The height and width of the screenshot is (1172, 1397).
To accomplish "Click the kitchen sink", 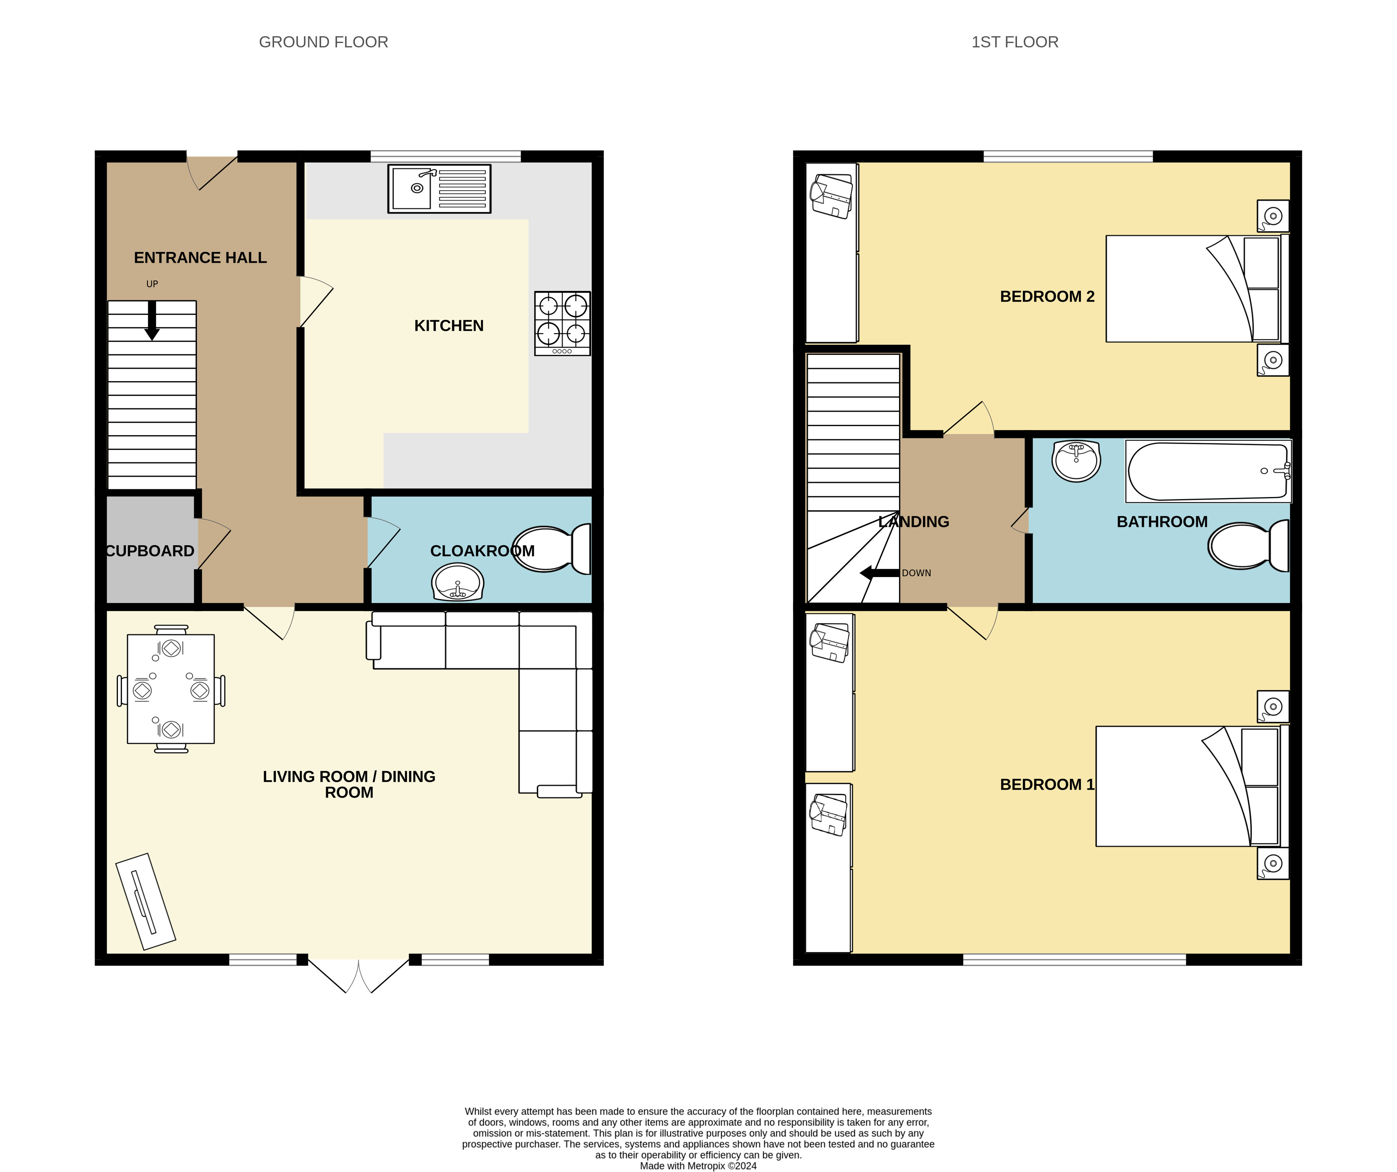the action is pyautogui.click(x=439, y=189).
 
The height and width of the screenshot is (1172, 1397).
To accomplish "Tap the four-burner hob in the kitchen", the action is pyautogui.click(x=562, y=323).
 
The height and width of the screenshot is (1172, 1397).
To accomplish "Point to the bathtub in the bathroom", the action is pyautogui.click(x=1208, y=471).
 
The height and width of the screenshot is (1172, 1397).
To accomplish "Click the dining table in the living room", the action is pyautogui.click(x=171, y=689).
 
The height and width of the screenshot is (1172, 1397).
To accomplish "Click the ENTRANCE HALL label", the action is pyautogui.click(x=200, y=257).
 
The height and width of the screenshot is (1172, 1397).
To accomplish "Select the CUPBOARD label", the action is pyautogui.click(x=150, y=551).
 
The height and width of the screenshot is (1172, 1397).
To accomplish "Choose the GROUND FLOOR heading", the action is pyautogui.click(x=323, y=42).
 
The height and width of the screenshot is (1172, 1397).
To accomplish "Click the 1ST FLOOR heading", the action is pyautogui.click(x=1015, y=42).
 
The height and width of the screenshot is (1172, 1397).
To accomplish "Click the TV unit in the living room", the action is pyautogui.click(x=146, y=901).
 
